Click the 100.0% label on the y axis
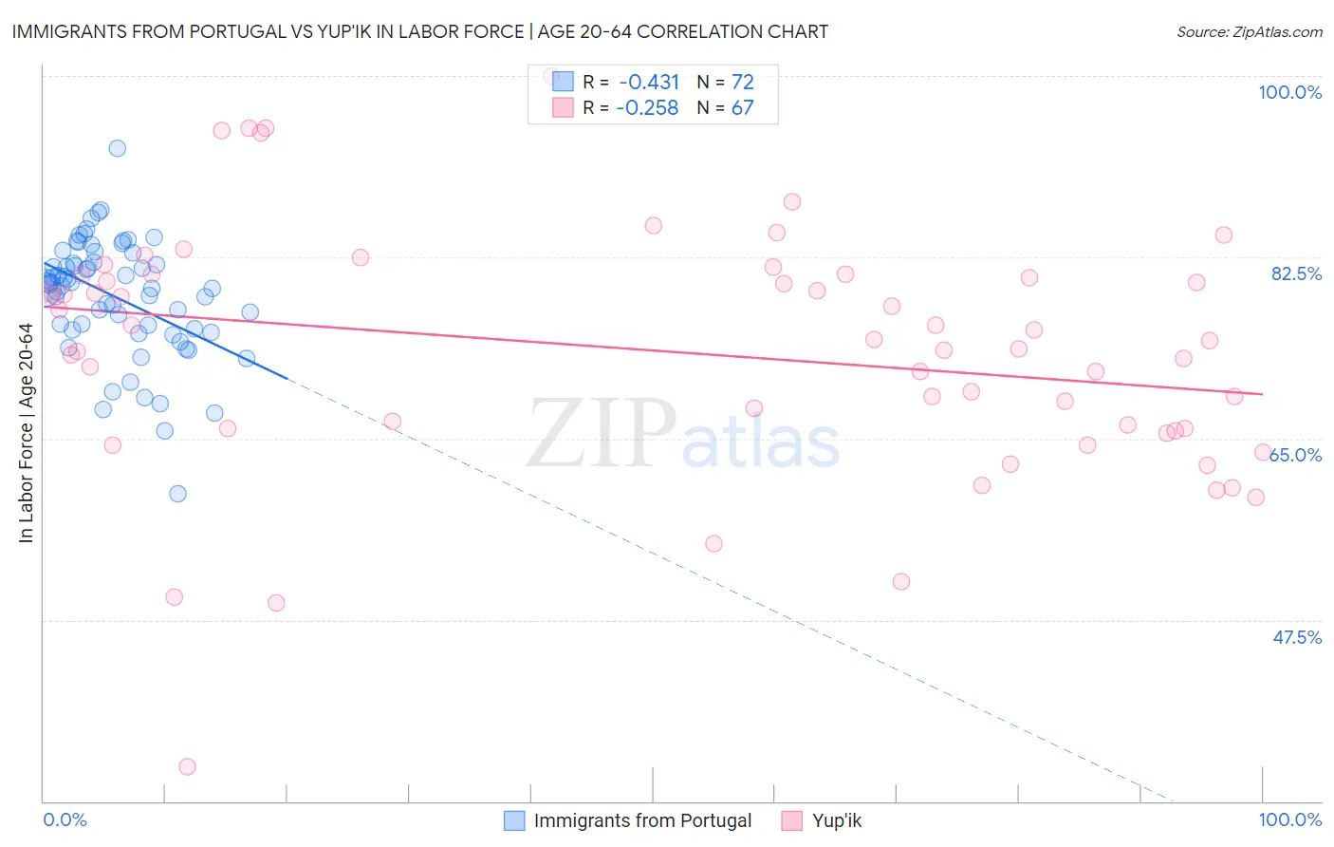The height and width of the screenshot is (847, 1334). [1289, 92]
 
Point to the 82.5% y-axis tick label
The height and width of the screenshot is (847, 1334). [1296, 273]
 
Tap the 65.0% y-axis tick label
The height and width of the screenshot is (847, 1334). [1296, 455]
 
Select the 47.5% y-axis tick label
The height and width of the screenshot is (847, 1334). [1296, 637]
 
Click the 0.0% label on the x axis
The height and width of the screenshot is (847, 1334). [65, 819]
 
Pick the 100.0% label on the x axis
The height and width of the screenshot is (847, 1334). [1289, 819]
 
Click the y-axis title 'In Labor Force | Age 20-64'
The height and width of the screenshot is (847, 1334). [26, 433]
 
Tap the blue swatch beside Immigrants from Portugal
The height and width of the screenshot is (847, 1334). [514, 820]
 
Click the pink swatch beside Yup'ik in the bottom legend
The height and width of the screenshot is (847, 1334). [792, 820]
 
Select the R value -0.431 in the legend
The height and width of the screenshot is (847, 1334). [649, 82]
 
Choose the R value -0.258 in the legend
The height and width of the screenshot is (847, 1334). [647, 107]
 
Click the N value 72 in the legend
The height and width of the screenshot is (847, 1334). [742, 82]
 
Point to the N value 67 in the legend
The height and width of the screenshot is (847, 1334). [742, 107]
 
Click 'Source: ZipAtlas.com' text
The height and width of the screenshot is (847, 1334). [1249, 31]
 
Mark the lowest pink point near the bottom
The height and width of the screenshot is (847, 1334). [187, 766]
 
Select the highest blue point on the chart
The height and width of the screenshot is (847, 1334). [117, 148]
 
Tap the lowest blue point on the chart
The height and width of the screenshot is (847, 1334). [177, 494]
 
